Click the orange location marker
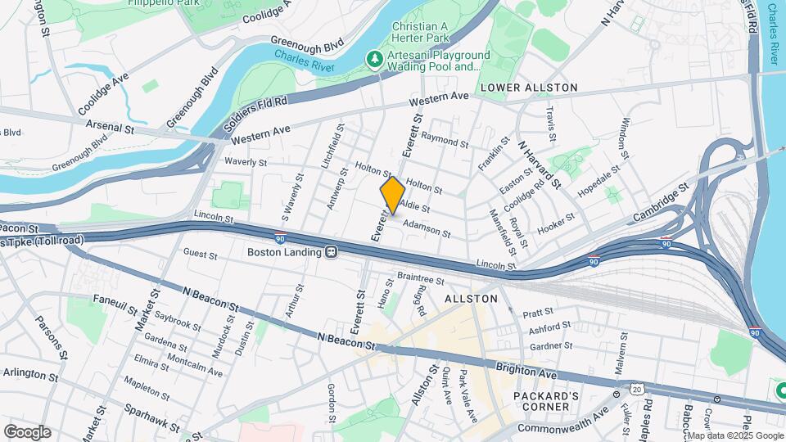(392, 195)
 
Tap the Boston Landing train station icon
(332, 253)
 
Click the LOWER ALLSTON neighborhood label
(529, 88)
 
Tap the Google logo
(27, 431)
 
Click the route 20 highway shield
(636, 387)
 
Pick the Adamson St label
(427, 228)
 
